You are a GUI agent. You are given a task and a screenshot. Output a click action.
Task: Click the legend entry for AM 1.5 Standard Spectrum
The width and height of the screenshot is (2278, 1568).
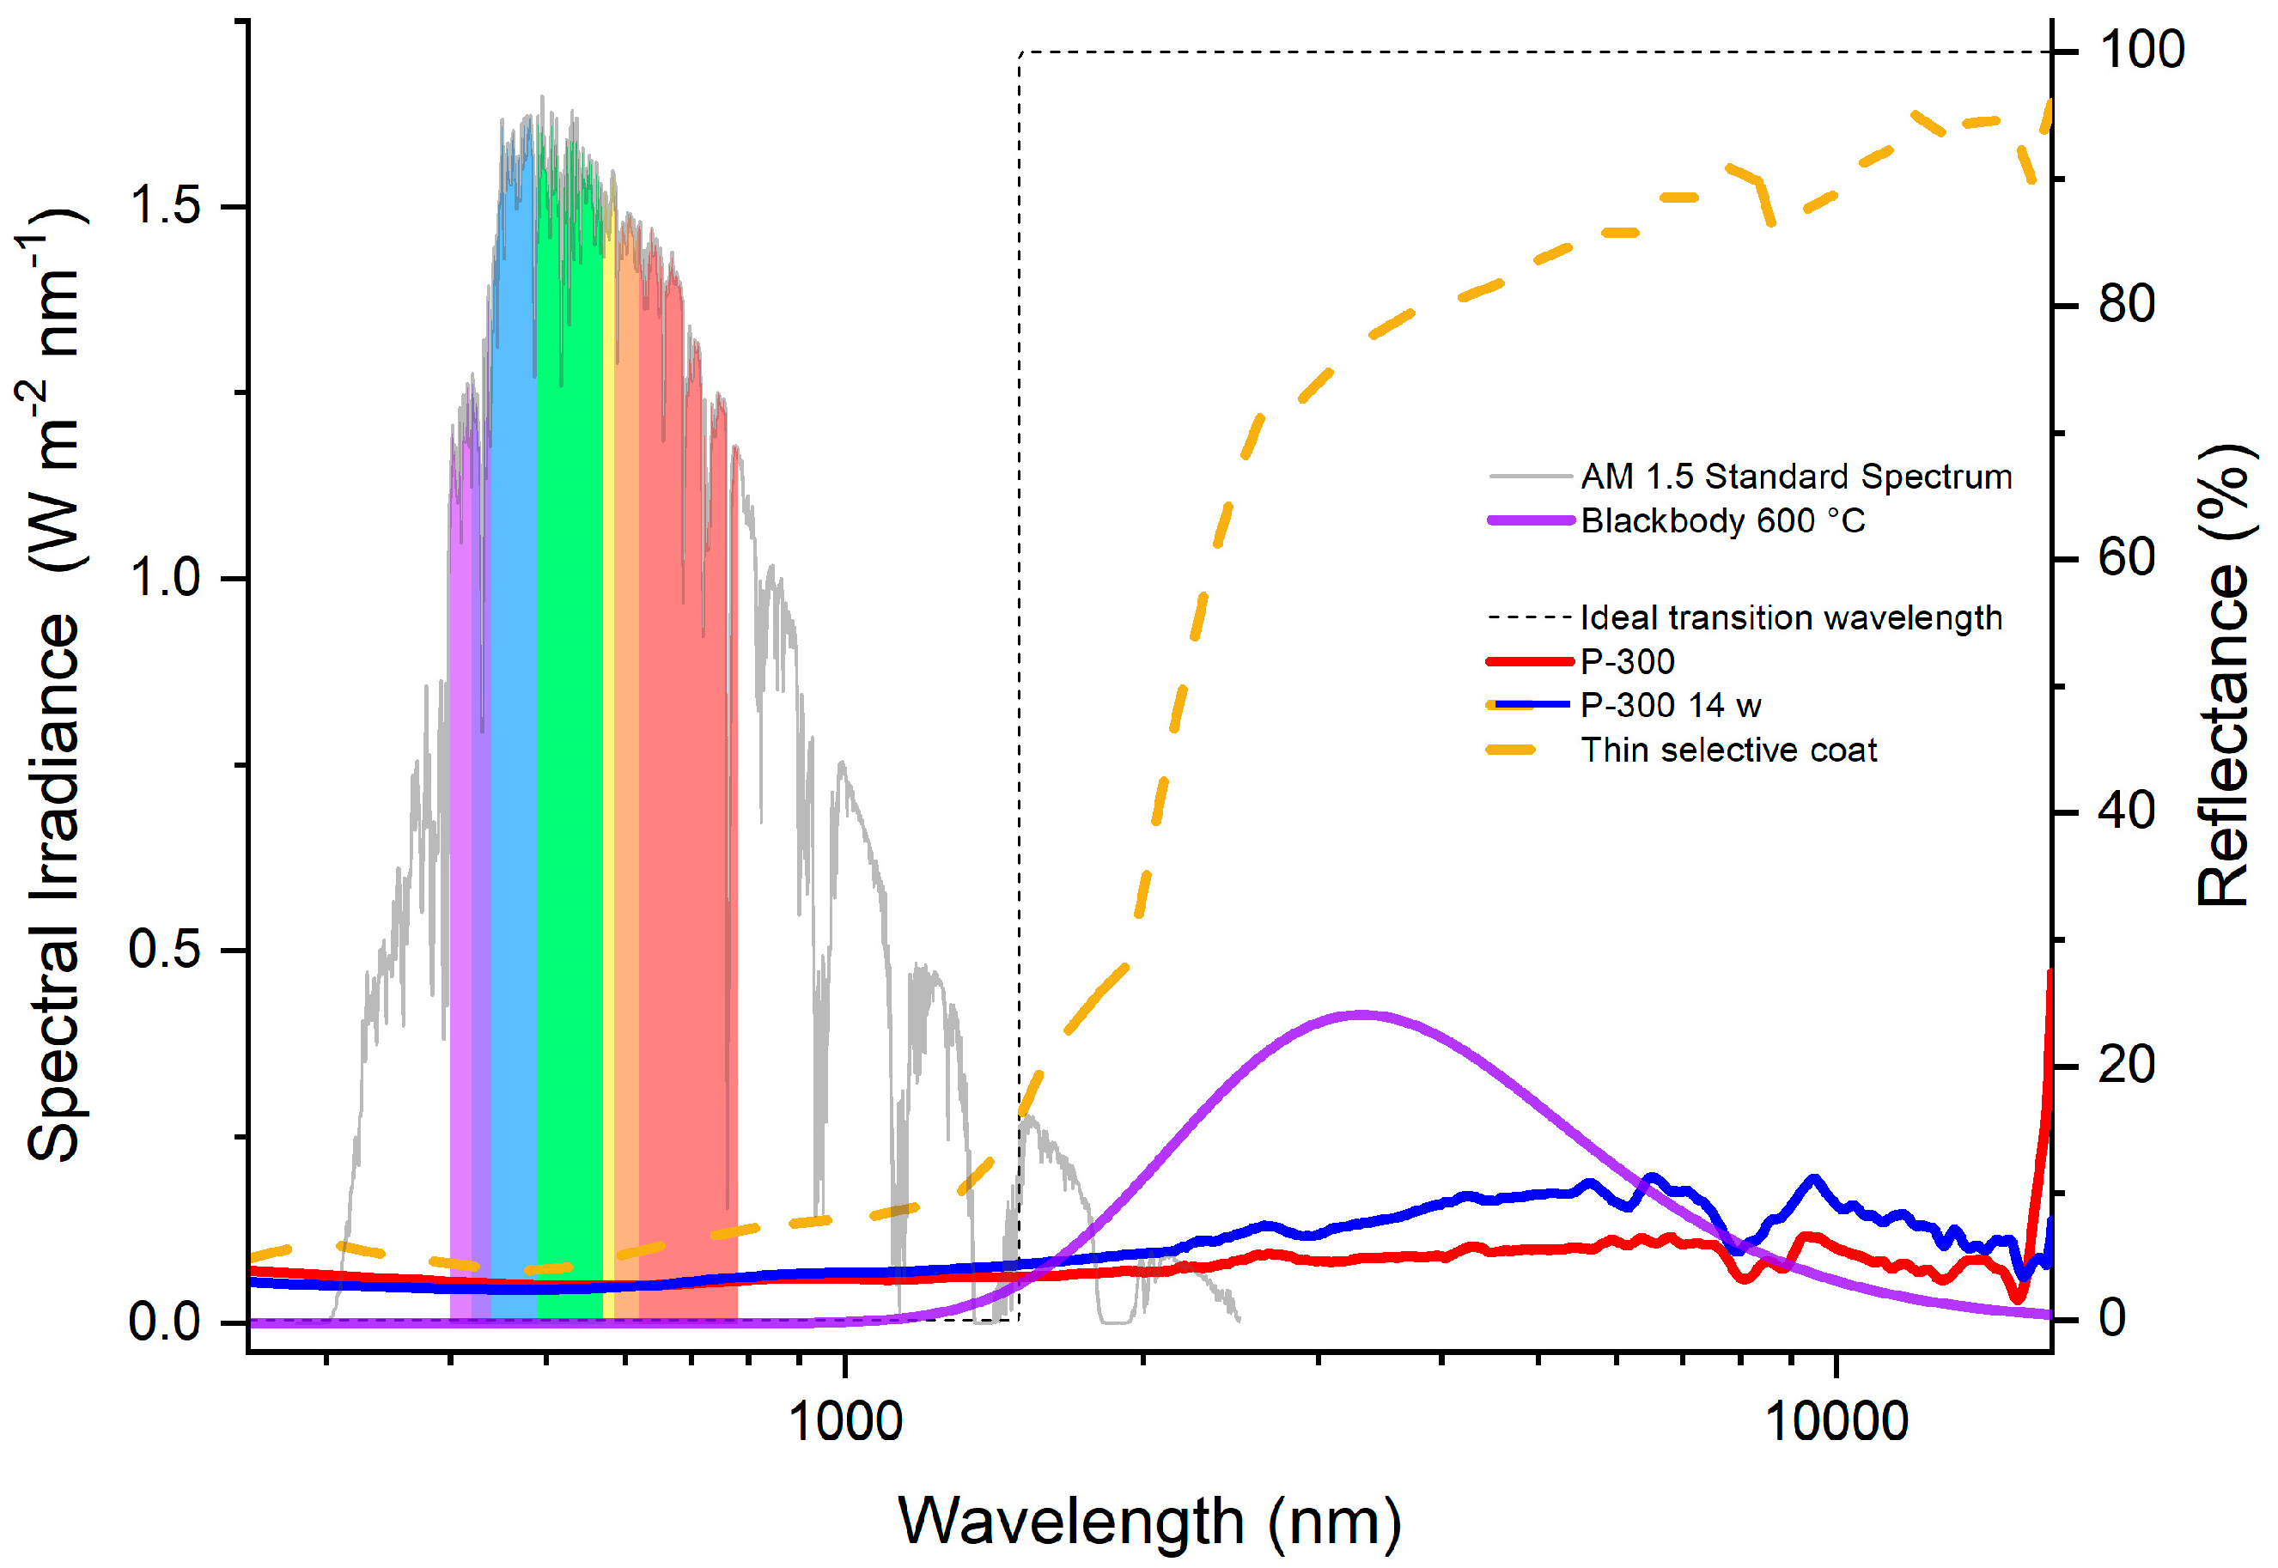coord(1794,477)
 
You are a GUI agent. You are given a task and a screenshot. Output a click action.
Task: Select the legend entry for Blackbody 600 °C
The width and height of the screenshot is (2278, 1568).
coord(1721,520)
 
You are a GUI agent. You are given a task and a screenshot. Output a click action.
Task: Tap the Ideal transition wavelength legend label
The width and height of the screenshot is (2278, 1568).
coord(1791,618)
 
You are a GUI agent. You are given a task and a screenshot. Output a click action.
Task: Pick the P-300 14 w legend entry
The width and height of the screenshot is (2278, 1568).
coord(1670,705)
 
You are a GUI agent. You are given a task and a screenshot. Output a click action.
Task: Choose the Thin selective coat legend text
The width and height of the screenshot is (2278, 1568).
coord(1727,751)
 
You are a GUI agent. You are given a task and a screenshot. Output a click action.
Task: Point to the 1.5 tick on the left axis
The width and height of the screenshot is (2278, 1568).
coord(164,205)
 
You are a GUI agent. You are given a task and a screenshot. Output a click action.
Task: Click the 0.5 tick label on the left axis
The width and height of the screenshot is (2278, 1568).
coord(164,949)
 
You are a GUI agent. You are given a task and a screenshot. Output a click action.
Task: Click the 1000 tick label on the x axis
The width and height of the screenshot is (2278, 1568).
coord(845,1422)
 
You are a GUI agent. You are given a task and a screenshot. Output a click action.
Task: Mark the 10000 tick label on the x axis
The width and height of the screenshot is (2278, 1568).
coord(1836,1422)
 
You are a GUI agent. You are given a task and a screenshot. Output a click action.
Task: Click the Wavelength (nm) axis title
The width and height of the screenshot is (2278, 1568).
coord(1150,1521)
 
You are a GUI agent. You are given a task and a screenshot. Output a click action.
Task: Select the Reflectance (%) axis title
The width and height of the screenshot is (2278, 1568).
coord(2223,675)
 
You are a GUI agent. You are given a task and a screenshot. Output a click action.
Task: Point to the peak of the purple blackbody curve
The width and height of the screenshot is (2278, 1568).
coord(1359,1014)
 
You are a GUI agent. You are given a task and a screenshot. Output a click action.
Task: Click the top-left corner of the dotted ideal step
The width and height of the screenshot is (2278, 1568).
coord(1020,52)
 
